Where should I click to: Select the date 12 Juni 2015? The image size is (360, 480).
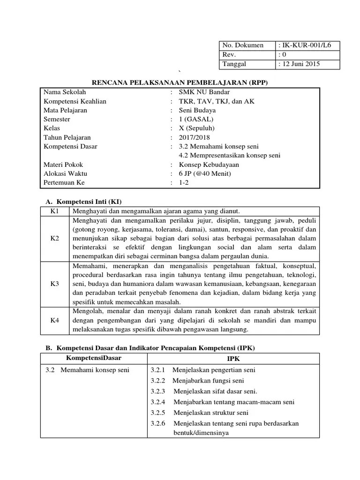[x=301, y=64]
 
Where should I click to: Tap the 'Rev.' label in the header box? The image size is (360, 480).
[x=229, y=55]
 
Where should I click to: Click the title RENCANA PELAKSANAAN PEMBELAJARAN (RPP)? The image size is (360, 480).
[x=180, y=82]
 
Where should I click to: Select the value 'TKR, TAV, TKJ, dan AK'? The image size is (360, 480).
[x=217, y=101]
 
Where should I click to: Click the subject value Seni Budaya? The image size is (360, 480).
[x=197, y=110]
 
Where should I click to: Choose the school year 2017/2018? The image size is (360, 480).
[x=195, y=137]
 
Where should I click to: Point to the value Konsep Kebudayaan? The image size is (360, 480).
[x=209, y=165]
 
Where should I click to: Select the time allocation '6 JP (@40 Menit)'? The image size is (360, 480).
[x=205, y=173]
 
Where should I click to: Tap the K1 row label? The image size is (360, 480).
[x=55, y=211]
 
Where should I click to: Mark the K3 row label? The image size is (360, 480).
[x=55, y=284]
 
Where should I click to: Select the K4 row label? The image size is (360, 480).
[x=55, y=321]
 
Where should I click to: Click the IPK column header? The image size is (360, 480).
[x=233, y=359]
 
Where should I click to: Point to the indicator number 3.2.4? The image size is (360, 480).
[x=158, y=402]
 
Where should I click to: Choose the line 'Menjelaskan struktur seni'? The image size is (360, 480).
[x=210, y=412]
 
